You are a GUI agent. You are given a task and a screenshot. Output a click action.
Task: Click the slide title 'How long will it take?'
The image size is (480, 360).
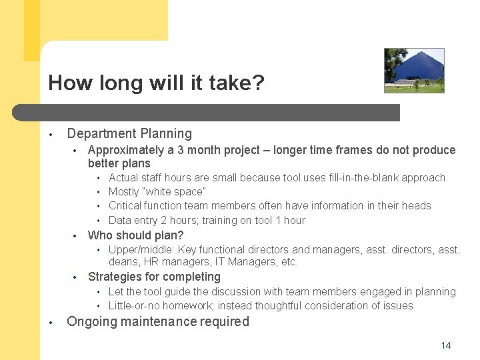(156, 83)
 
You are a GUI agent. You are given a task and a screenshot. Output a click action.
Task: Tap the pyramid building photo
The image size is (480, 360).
(414, 70)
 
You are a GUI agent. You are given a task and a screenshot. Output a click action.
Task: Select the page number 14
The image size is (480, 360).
(446, 345)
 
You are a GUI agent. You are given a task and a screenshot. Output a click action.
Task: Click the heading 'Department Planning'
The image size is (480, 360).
(129, 134)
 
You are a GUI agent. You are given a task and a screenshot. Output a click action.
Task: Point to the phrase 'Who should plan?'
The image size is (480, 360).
(135, 235)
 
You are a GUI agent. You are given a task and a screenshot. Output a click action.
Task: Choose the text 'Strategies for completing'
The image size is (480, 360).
(154, 277)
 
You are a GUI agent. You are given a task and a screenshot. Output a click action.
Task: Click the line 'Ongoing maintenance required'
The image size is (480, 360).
(158, 321)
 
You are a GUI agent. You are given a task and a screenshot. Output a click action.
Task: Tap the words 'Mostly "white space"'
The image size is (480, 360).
(157, 192)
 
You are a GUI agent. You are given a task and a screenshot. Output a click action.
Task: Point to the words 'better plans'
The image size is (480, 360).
(119, 163)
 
